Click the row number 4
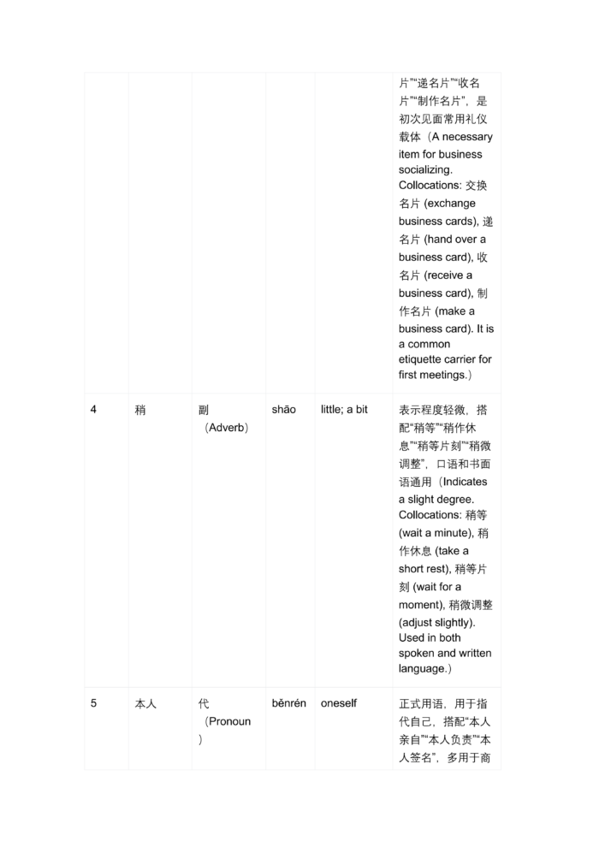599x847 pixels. click(x=94, y=410)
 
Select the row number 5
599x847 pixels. click(x=94, y=703)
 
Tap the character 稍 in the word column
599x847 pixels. click(x=140, y=410)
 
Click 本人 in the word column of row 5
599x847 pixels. click(x=145, y=703)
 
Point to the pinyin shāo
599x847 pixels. click(x=284, y=410)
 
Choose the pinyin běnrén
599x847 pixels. click(x=289, y=703)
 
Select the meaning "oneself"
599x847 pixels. click(x=339, y=703)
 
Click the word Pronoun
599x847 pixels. click(x=229, y=721)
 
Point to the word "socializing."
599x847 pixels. click(x=425, y=170)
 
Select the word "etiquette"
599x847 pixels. click(x=424, y=359)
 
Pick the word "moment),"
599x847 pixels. click(x=421, y=605)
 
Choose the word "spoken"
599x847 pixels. click(x=417, y=654)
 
